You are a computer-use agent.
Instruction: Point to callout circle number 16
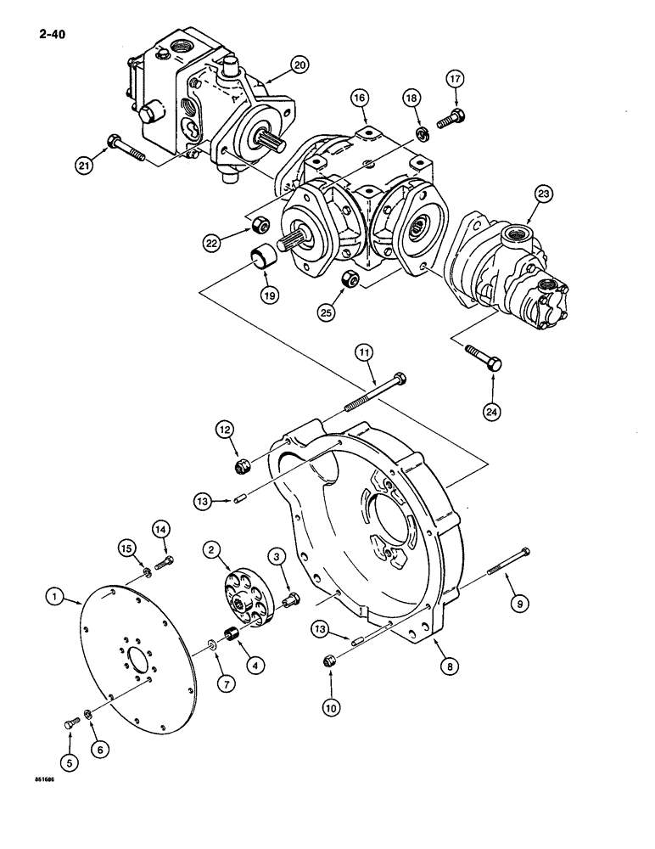point(361,99)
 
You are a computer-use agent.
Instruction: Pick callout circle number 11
point(362,350)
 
